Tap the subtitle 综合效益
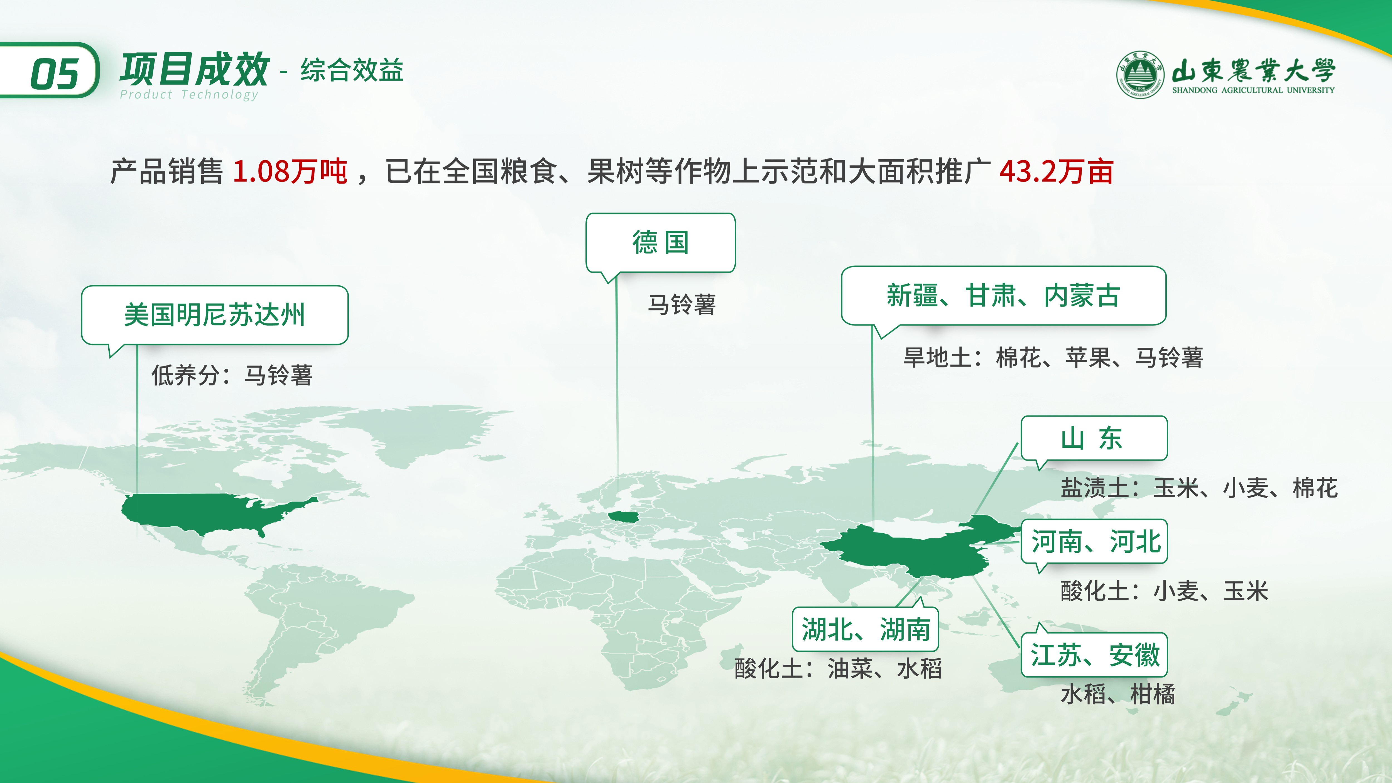point(352,70)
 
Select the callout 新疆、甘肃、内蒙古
point(1003,296)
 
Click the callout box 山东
point(1094,438)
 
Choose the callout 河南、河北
point(1094,542)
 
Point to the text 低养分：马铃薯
point(232,375)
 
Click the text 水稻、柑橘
point(1118,694)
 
